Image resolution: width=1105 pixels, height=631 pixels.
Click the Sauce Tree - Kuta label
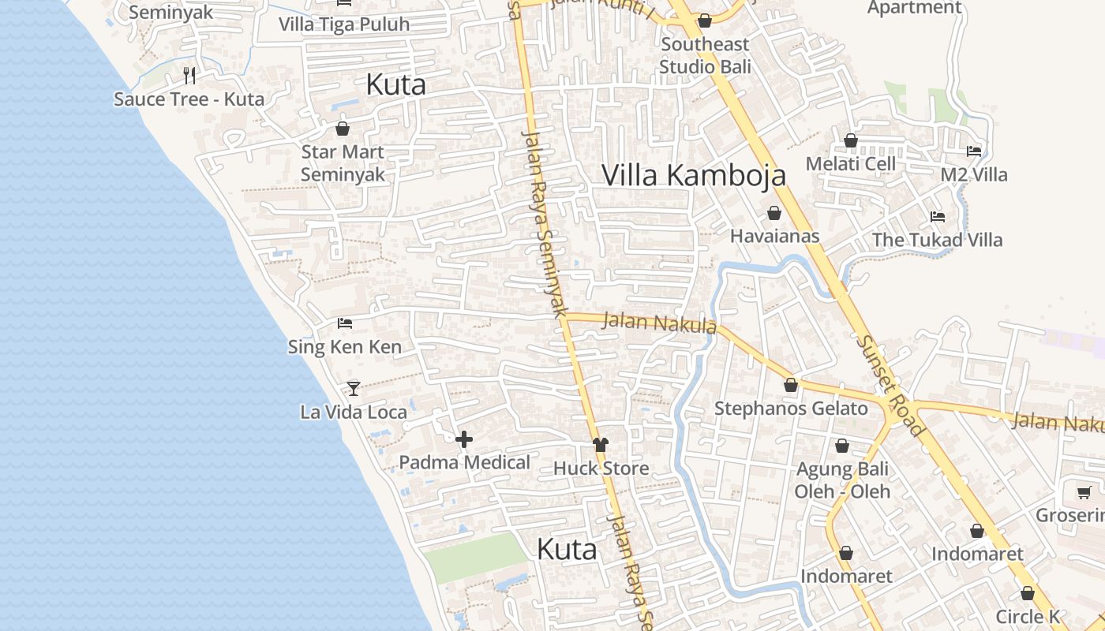(x=189, y=99)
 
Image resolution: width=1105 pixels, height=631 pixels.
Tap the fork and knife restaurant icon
(x=189, y=76)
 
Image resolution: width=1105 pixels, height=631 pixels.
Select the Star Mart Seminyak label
(x=343, y=163)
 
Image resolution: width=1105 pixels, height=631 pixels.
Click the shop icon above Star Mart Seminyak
(x=343, y=128)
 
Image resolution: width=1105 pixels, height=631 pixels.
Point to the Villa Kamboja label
(x=694, y=175)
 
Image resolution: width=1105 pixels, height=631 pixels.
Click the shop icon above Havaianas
(x=774, y=213)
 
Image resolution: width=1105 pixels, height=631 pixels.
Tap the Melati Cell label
(x=851, y=164)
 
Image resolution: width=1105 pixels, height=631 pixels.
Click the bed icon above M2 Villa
(x=974, y=151)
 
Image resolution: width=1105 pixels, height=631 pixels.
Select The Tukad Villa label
(x=937, y=240)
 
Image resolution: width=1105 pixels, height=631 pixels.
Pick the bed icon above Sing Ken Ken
(x=344, y=323)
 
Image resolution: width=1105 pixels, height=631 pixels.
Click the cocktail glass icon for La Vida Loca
(x=354, y=389)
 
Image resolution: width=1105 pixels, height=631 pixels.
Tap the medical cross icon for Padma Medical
(x=464, y=439)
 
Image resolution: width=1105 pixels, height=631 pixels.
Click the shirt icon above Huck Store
(x=601, y=445)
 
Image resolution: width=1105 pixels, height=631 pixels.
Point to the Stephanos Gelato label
(x=791, y=409)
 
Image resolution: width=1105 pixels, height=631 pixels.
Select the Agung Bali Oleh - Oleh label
(x=842, y=480)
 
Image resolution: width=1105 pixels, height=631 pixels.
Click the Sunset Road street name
(x=890, y=385)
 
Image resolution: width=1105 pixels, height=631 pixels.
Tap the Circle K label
(x=1028, y=617)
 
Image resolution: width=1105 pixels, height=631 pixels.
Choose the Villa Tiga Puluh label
(x=344, y=24)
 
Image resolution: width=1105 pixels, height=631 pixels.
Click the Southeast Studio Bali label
(x=705, y=55)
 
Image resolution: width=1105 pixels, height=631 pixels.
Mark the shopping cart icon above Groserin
(x=1084, y=493)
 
